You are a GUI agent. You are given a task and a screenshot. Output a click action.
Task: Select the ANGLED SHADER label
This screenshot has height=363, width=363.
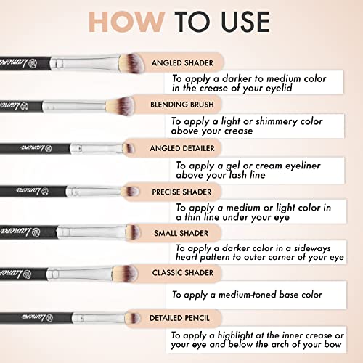[182, 63]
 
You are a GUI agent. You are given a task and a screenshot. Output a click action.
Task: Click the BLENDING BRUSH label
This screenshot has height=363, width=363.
[182, 105]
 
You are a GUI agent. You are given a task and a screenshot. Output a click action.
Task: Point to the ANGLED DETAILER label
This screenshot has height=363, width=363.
[182, 148]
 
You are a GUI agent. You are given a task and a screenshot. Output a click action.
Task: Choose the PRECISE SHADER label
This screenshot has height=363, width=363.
[181, 192]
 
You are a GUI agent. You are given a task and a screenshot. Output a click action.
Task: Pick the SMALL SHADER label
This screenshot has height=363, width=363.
[181, 233]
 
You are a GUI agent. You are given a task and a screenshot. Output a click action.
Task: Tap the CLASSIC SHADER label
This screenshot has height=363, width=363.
[183, 273]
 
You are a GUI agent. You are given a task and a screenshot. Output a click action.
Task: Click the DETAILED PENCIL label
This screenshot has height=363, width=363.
[179, 318]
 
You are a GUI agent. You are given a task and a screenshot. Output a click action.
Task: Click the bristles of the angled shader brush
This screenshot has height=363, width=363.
[131, 63]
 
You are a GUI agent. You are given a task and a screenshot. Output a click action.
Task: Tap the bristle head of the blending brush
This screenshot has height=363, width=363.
[121, 106]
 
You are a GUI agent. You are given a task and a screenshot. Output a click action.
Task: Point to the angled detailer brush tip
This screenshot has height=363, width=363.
[129, 148]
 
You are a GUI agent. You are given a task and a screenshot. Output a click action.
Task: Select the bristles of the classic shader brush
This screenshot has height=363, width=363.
[125, 274]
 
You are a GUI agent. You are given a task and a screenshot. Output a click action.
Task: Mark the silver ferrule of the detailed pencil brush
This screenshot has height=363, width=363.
[99, 318]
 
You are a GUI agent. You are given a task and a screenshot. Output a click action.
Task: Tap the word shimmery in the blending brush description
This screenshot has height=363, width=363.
[277, 121]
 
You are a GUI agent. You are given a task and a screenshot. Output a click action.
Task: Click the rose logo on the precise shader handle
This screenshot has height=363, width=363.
[45, 192]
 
